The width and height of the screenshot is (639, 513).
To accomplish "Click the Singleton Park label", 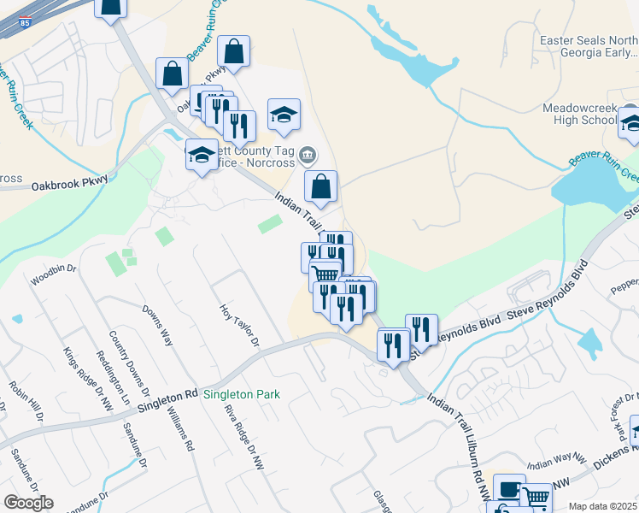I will [x=242, y=395].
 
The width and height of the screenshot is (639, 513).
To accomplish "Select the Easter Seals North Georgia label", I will [x=589, y=47].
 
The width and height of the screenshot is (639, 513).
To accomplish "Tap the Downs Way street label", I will [x=159, y=326].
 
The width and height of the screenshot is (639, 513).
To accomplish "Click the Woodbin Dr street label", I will [x=53, y=280].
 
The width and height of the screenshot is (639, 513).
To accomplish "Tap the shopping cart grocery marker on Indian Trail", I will [x=325, y=275].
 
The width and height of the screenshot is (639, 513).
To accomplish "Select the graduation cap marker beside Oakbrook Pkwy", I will [x=202, y=155].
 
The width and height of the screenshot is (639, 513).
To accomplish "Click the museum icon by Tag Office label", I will [x=308, y=156].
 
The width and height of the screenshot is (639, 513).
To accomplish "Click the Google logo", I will [x=28, y=503].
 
